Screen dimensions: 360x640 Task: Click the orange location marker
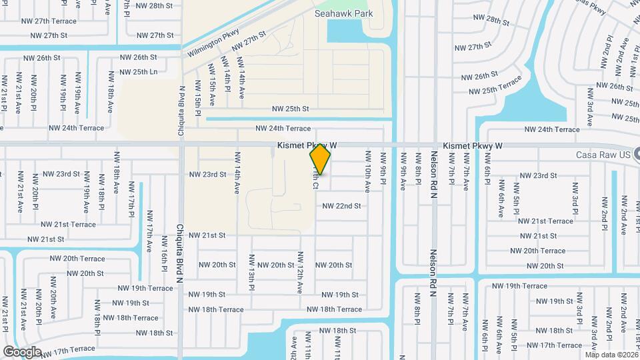(321, 159)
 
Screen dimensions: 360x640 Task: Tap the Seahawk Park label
(344, 13)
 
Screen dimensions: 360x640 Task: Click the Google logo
(22, 351)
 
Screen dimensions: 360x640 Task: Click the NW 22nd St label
(341, 206)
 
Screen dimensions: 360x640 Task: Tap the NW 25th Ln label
(138, 71)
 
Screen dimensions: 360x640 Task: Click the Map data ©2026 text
(610, 354)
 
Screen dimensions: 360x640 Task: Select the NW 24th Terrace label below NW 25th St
(283, 128)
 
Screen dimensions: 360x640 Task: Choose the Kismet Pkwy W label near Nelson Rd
(472, 145)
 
